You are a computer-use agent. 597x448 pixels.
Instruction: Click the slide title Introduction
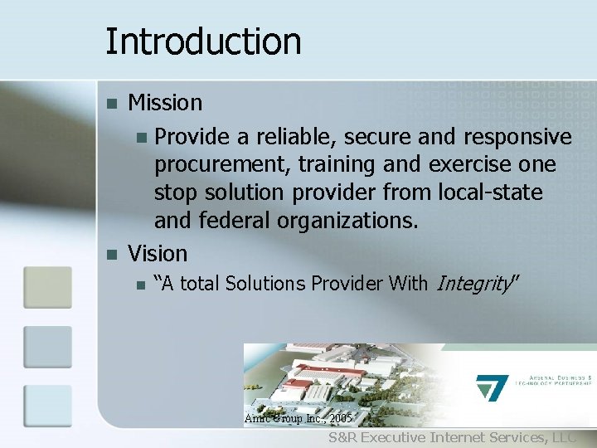[x=203, y=41]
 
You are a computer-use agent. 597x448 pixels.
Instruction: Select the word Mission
[x=165, y=103]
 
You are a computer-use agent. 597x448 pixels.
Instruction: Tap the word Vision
[x=158, y=253]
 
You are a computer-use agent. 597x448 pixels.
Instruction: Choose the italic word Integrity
[x=472, y=285]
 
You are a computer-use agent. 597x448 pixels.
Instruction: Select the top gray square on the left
[x=47, y=287]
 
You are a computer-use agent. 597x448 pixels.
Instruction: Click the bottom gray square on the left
[x=47, y=407]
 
